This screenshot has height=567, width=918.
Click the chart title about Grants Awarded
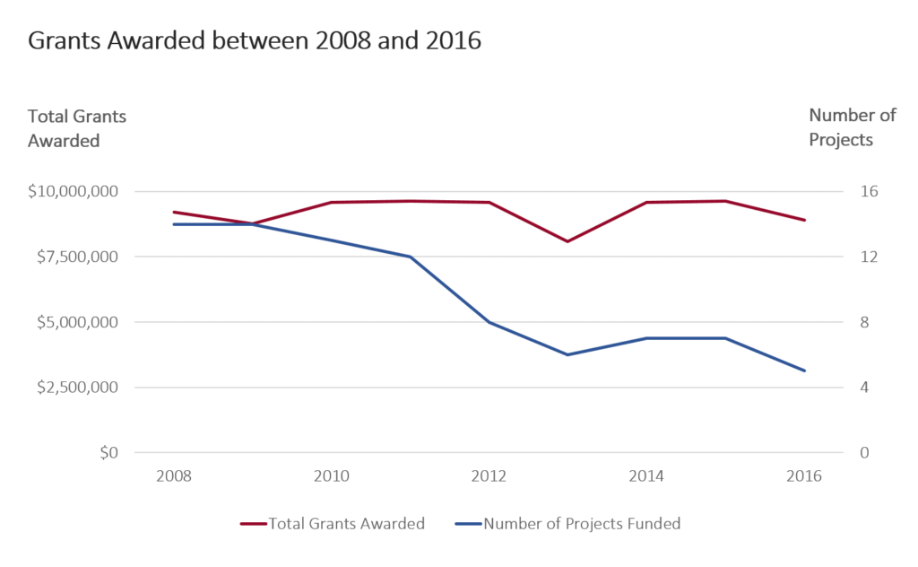pyautogui.click(x=255, y=41)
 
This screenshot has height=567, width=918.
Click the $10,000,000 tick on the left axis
pyautogui.click(x=74, y=191)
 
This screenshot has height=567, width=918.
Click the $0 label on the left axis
pyautogui.click(x=108, y=453)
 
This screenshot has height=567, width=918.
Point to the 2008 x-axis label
pyautogui.click(x=174, y=476)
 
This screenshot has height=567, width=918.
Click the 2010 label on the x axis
pyautogui.click(x=331, y=476)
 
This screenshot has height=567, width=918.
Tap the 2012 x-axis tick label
pyautogui.click(x=489, y=476)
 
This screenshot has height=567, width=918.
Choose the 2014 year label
pyautogui.click(x=646, y=476)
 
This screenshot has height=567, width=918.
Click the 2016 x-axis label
pyautogui.click(x=803, y=476)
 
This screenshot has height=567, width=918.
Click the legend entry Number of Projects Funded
pyautogui.click(x=582, y=524)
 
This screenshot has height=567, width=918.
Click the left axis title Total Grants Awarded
pyautogui.click(x=77, y=127)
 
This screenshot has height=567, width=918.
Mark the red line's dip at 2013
pyautogui.click(x=567, y=241)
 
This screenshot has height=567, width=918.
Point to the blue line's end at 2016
pyautogui.click(x=804, y=371)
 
